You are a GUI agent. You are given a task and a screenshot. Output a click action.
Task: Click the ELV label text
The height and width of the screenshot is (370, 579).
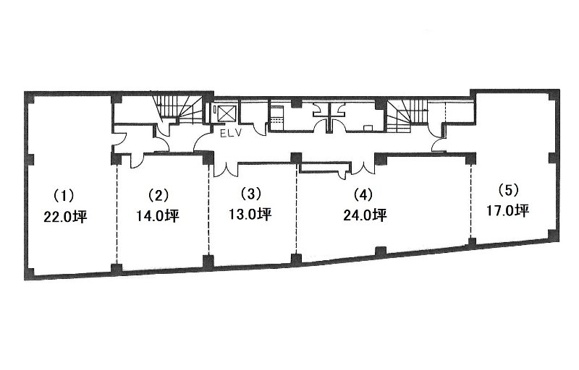(230, 134)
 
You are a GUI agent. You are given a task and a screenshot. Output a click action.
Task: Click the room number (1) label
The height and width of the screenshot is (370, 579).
(64, 195)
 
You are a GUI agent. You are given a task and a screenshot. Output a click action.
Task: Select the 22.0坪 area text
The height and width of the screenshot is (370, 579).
(65, 217)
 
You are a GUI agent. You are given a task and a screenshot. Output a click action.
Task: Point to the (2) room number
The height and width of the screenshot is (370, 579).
(158, 195)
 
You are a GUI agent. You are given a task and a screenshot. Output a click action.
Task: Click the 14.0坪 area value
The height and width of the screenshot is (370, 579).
(158, 215)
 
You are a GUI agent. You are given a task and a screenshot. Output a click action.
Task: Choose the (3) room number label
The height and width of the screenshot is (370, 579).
(250, 194)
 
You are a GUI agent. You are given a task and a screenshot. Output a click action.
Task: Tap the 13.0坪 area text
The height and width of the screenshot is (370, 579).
(250, 214)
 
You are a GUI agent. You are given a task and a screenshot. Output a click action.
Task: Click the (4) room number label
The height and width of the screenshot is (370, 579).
(363, 194)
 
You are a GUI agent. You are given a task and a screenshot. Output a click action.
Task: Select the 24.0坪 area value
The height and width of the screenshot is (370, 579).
(365, 215)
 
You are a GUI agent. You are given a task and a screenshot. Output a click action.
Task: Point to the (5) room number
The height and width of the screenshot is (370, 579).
(508, 190)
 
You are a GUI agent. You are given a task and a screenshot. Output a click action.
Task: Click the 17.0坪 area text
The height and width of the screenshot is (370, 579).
(507, 210)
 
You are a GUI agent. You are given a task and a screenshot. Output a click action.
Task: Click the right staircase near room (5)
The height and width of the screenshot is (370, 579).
(407, 115)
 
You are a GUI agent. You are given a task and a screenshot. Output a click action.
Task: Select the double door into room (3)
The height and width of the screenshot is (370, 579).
(226, 169)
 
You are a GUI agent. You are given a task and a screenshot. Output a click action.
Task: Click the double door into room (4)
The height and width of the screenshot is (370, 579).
(363, 168)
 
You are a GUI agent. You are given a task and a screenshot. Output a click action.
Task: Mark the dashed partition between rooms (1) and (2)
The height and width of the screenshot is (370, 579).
(117, 213)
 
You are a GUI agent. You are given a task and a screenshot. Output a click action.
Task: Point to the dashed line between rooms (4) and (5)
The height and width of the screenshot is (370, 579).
(471, 201)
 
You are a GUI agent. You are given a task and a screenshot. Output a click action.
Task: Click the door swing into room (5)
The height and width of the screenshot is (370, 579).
(439, 145)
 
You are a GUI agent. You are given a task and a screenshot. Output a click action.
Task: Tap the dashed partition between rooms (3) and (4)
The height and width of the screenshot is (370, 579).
(297, 208)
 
